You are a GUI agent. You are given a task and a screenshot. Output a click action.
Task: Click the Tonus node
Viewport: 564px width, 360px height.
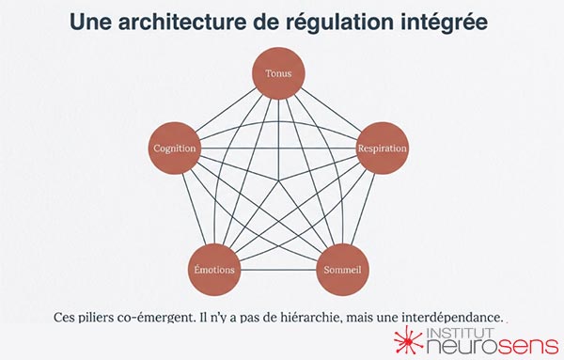[x=278, y=73]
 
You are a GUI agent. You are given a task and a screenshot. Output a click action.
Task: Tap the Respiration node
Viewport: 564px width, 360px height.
[x=383, y=149]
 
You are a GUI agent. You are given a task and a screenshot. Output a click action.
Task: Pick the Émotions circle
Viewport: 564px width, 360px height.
[x=213, y=269]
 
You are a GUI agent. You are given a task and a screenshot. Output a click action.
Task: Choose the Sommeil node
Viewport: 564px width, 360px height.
[x=342, y=269]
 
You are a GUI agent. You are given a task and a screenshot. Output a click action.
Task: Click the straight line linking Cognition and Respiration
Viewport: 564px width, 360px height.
[x=278, y=149]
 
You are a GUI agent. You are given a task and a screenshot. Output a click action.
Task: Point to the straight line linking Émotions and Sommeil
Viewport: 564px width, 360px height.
[x=278, y=269]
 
